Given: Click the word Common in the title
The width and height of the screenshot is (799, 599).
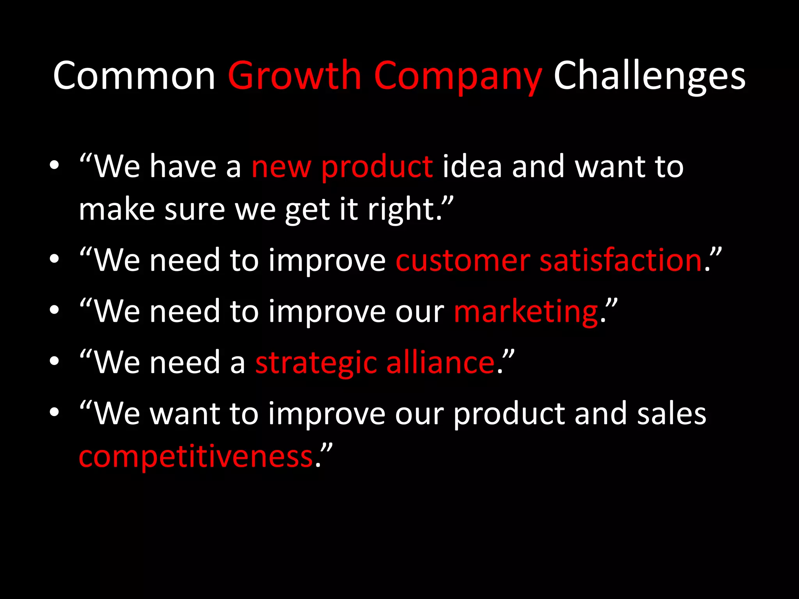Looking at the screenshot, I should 134,76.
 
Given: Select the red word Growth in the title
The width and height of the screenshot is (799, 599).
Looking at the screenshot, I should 295,76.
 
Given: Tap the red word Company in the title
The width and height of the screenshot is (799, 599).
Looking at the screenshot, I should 458,76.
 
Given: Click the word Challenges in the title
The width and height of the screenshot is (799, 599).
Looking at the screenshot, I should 650,76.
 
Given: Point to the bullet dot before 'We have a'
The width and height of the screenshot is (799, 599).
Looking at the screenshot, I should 54,165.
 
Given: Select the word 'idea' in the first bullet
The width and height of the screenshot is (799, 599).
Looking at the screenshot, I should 472,167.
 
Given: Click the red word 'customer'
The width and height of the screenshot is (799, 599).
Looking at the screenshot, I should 463,261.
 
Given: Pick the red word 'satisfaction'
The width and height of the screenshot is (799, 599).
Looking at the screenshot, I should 621,261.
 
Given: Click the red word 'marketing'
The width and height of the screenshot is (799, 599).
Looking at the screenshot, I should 526,312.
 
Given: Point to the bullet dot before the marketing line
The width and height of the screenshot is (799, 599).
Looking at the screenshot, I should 54,310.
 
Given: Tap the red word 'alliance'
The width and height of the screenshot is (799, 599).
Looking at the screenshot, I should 440,362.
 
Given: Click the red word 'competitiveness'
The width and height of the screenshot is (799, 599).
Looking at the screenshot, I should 196,457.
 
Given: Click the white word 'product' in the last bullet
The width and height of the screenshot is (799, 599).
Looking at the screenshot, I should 509,414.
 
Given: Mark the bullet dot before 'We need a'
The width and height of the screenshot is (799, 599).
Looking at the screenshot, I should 54,361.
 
